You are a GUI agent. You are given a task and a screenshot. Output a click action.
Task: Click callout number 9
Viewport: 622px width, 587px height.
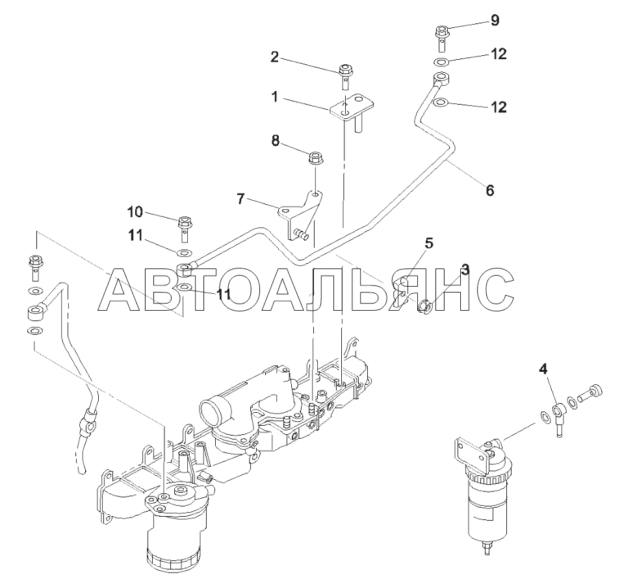click(495, 21)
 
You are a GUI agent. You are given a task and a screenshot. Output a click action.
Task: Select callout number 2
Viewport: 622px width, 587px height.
click(274, 58)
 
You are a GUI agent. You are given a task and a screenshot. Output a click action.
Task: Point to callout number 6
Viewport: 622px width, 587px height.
click(490, 190)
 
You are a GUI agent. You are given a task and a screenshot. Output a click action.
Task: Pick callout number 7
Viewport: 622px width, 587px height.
click(240, 198)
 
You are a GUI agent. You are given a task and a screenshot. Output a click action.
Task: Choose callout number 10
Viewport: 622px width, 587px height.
click(135, 212)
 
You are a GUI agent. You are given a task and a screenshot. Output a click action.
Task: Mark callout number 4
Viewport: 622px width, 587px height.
click(543, 371)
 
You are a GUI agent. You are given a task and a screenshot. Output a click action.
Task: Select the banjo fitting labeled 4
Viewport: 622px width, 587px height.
click(557, 412)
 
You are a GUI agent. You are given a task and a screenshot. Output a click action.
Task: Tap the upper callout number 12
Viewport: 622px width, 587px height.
click(499, 55)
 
